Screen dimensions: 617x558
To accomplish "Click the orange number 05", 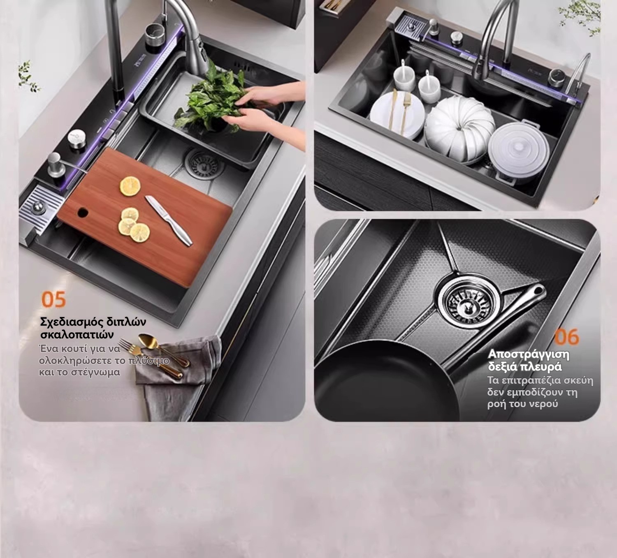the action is point(53,300).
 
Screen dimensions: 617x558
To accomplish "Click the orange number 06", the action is point(566,337).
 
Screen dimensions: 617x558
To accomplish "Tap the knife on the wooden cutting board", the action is point(169,220).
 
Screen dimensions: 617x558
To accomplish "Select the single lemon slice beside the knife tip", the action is point(130,186).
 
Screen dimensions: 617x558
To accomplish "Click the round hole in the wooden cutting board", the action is point(83,212).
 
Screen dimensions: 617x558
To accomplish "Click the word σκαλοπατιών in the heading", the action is point(77,335).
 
